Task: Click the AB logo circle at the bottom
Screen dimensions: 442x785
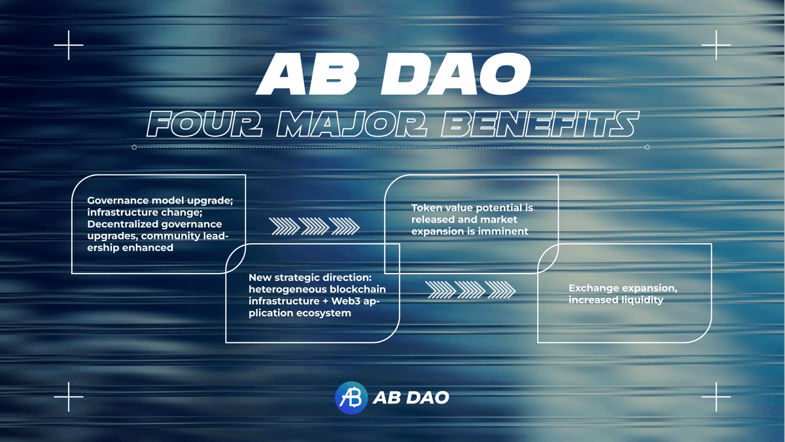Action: pyautogui.click(x=351, y=397)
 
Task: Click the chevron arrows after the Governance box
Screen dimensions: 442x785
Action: pyautogui.click(x=315, y=226)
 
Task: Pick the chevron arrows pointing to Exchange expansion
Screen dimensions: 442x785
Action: pyautogui.click(x=470, y=289)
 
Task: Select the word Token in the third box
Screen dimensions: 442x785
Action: pyautogui.click(x=427, y=208)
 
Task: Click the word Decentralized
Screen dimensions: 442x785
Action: pyautogui.click(x=122, y=224)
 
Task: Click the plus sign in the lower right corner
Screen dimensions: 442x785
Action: pyautogui.click(x=716, y=397)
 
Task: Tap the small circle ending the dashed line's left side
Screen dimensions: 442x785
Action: pyautogui.click(x=134, y=147)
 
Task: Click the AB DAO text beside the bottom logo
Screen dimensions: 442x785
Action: pyautogui.click(x=411, y=397)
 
